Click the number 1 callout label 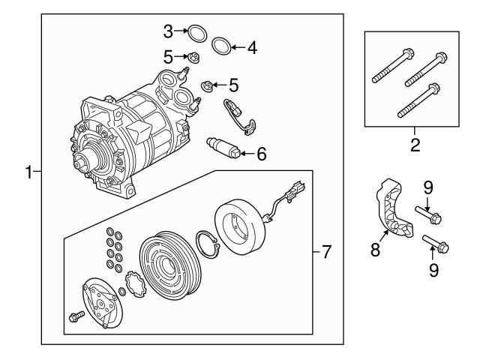[28, 172]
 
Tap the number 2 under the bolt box [415, 144]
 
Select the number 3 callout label [169, 31]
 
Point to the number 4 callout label [252, 48]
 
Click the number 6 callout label [261, 154]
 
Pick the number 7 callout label [325, 253]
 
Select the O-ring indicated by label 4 [222, 46]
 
